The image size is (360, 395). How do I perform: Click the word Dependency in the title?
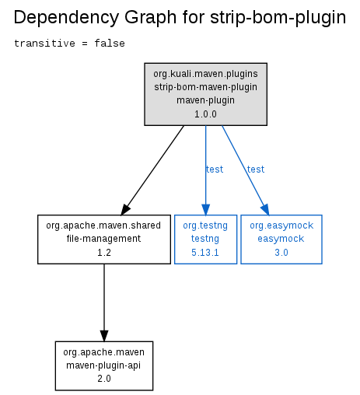point(66,18)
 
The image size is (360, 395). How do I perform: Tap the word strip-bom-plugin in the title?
point(278,18)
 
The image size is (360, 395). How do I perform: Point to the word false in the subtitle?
point(110,44)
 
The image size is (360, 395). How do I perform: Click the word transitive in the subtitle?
point(44,44)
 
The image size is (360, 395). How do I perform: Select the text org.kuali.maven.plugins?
point(205,74)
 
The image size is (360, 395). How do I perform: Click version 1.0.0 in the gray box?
point(205,114)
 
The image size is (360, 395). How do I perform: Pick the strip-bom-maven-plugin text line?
point(205,87)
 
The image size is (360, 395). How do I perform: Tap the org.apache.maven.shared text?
point(103,225)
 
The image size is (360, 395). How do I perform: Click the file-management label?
point(103,239)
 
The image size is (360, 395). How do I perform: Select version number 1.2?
point(104,253)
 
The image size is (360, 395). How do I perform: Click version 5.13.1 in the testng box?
point(205,253)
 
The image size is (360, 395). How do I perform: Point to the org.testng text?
point(205,225)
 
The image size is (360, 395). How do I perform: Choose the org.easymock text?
point(281,225)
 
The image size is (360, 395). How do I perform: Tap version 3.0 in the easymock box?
point(281,253)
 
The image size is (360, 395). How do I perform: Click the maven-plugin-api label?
point(103,365)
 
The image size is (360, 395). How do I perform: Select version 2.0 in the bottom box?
point(104,379)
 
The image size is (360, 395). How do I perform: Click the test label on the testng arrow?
point(215,170)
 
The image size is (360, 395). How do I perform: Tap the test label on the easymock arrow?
point(256,170)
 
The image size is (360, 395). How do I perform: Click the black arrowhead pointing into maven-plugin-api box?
point(104,336)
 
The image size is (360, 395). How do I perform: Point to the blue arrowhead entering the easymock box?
point(265,209)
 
